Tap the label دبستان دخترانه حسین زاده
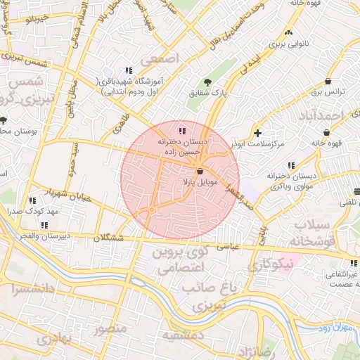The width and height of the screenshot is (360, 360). click(x=182, y=146)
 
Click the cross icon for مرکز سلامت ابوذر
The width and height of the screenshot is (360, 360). click(x=258, y=132)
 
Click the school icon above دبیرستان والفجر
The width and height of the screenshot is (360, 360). click(x=44, y=226)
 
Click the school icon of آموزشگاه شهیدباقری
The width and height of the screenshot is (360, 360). click(x=129, y=70)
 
